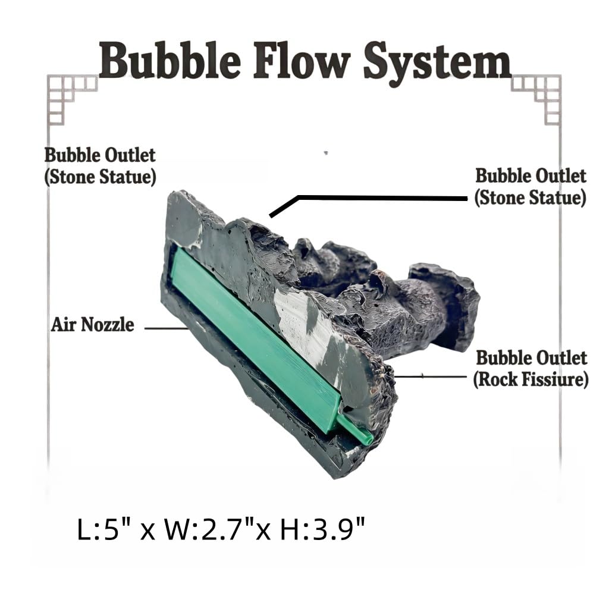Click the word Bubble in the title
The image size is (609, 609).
point(169,61)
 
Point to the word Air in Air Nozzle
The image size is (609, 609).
point(65,325)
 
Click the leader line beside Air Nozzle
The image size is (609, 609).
point(167,328)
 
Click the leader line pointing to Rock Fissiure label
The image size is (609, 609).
point(430,376)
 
